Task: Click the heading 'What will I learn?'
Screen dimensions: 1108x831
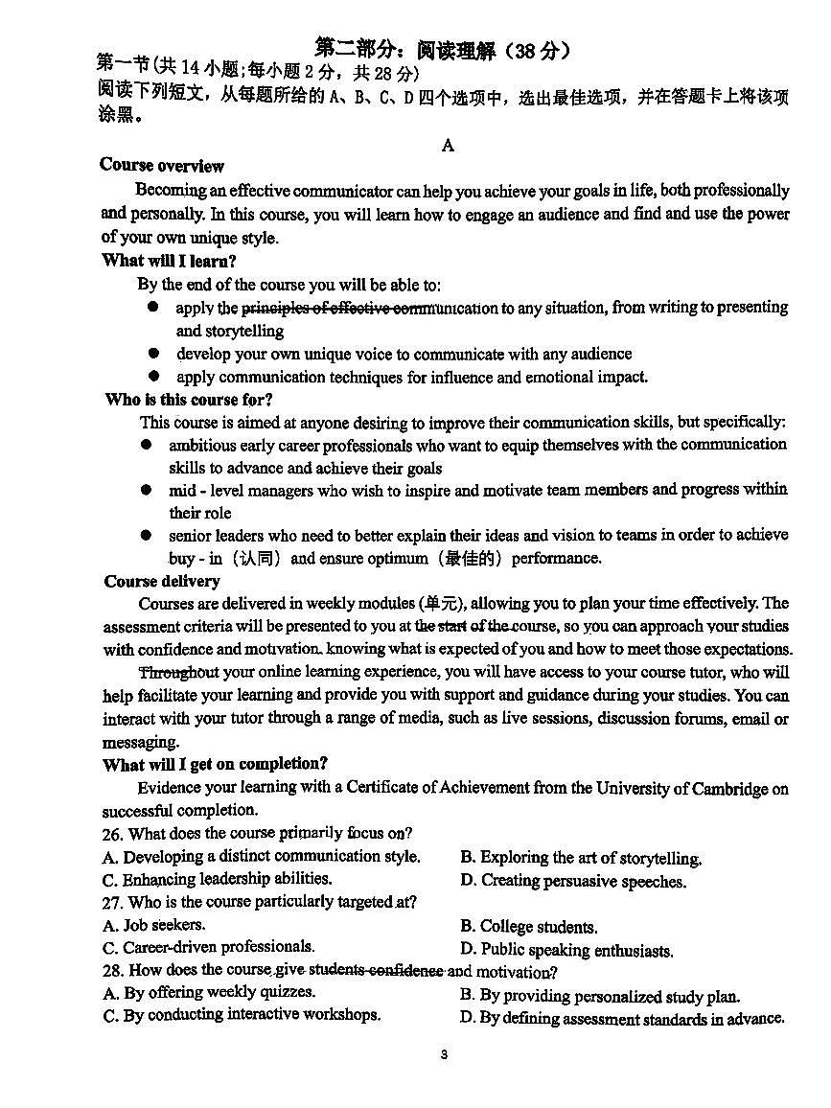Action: (169, 261)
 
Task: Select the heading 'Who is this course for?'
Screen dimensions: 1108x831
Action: (189, 400)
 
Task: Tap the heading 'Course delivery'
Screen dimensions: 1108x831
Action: (162, 581)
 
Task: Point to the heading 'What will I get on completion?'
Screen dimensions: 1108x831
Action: (215, 764)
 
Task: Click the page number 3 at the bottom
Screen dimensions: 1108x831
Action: (444, 1055)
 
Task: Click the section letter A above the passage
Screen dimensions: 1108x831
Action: (447, 146)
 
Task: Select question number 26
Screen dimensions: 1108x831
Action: (112, 834)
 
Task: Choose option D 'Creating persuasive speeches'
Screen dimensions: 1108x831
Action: (572, 881)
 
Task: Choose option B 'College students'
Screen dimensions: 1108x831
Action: (528, 927)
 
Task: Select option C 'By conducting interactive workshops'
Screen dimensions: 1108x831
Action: (241, 1015)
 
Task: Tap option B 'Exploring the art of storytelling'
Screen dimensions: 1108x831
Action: (580, 858)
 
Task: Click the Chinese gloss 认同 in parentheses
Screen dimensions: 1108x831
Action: (257, 558)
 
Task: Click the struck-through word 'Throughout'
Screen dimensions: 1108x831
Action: (179, 672)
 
